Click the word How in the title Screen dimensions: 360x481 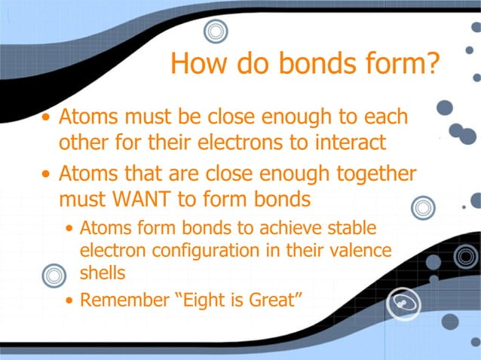pyautogui.click(x=198, y=63)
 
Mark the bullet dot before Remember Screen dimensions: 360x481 pyautogui.click(x=70, y=301)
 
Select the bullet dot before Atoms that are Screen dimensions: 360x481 pyautogui.click(x=47, y=175)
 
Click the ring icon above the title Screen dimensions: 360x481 pyautogui.click(x=216, y=32)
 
